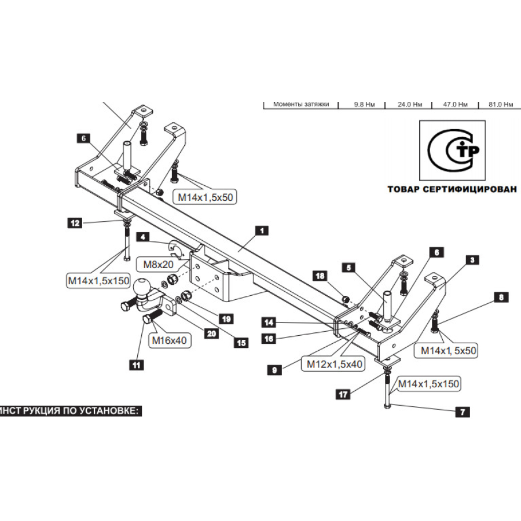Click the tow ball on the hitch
[x=142, y=287]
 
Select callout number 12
[x=75, y=222]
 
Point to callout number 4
[x=142, y=236]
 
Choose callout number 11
[x=137, y=365]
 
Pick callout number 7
[x=462, y=412]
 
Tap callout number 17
[x=343, y=394]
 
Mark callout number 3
[x=473, y=260]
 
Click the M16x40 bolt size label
[x=169, y=341]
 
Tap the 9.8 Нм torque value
[x=365, y=105]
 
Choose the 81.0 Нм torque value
[x=500, y=105]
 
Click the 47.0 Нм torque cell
[x=455, y=105]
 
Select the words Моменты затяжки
[x=300, y=105]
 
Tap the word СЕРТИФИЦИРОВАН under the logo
[x=468, y=189]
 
